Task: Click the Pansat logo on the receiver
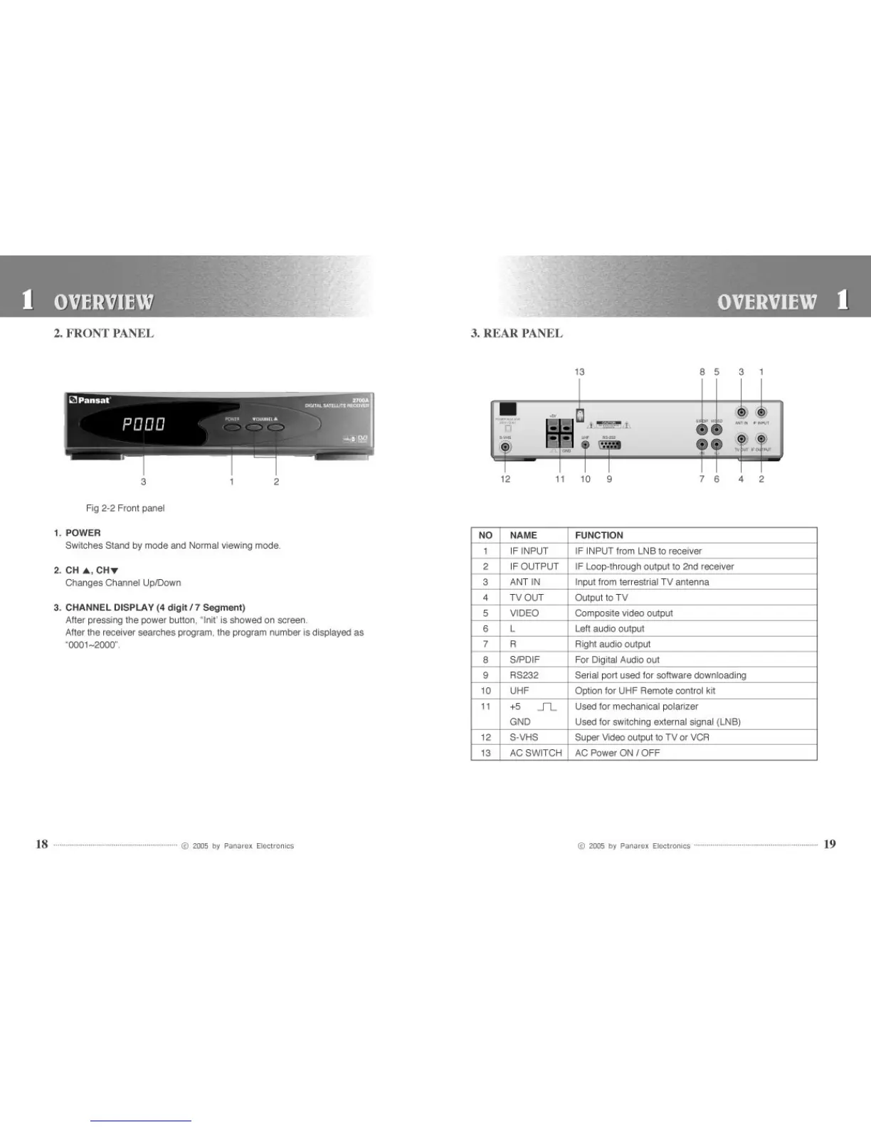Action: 90,400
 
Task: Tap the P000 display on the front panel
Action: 144,425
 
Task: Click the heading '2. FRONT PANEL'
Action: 104,333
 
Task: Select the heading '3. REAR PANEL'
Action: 517,333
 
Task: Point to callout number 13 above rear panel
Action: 579,372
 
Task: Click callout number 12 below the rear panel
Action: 505,479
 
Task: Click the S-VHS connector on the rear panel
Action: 505,448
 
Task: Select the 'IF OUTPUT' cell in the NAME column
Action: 534,566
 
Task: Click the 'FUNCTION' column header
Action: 599,535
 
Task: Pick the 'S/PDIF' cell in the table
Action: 524,660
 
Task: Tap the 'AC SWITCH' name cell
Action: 535,753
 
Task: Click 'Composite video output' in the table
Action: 623,613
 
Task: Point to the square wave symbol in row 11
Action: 547,707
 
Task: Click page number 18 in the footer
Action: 42,845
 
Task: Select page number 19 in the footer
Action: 829,845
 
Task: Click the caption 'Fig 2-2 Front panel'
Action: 125,508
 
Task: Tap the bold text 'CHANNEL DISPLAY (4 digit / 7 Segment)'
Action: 155,608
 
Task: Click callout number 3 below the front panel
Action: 144,482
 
